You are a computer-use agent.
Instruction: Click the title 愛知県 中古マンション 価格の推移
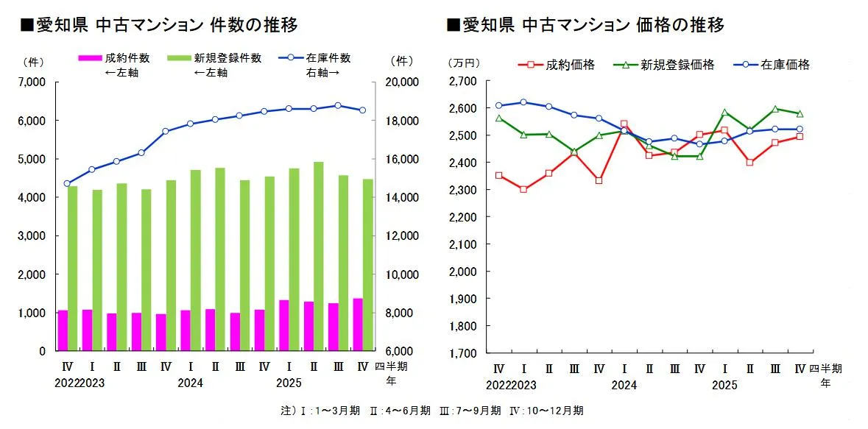tap(586, 25)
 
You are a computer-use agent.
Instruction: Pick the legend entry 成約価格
tap(565, 65)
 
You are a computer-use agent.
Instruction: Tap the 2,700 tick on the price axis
tap(464, 81)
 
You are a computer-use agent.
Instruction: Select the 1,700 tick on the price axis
tap(464, 353)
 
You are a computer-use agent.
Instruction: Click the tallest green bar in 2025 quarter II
tap(319, 258)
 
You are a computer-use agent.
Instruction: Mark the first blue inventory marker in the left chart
tap(67, 183)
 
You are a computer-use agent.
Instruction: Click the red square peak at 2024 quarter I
tap(624, 124)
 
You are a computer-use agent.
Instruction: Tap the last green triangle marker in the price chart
tap(800, 113)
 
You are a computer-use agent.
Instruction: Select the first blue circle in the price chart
tap(499, 105)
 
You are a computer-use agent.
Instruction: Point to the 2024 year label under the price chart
tap(624, 384)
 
